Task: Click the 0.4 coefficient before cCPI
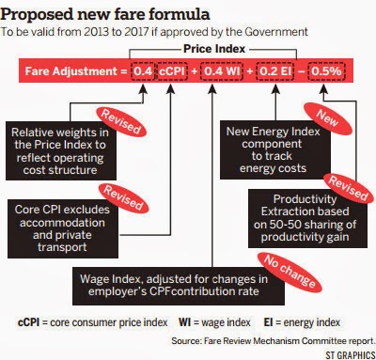pos(143,71)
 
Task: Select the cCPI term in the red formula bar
pos(172,71)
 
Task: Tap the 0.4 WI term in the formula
pos(222,71)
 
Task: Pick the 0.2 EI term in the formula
pos(275,71)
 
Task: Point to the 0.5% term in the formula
pos(326,71)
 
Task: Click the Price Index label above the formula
pos(214,49)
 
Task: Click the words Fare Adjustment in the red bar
pos(71,71)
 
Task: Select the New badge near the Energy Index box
pos(328,118)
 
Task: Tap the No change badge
pos(290,271)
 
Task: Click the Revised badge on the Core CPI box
pos(123,197)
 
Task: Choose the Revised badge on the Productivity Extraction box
pos(349,188)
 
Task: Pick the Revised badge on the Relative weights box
pos(121,122)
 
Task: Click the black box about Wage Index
pos(179,286)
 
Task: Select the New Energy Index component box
pos(275,149)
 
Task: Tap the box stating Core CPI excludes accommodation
pos(63,228)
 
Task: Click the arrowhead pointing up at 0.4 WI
pos(212,89)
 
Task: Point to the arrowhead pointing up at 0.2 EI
pos(275,89)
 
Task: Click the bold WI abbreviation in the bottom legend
pos(184,322)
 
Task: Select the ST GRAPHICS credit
pos(351,355)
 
